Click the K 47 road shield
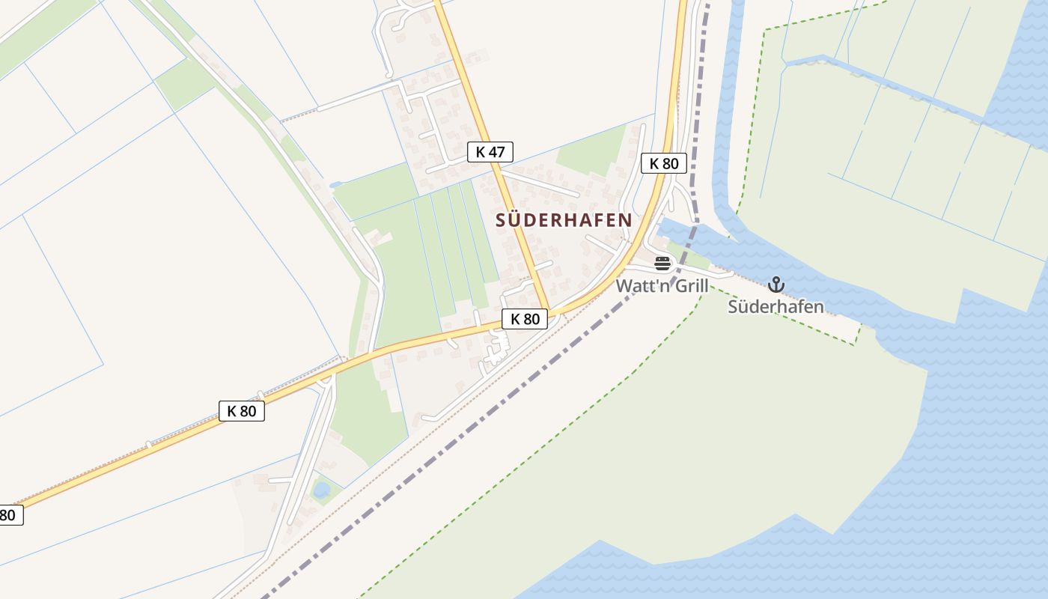490,152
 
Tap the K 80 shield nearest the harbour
664,163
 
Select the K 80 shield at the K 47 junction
525,319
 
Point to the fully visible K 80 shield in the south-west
242,410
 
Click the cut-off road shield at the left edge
9,515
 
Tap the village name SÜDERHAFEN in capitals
564,220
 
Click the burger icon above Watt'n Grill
662,263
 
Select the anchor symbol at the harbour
776,285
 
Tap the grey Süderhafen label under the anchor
776,306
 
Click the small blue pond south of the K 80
321,490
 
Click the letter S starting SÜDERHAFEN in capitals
501,220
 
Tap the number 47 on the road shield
498,152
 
